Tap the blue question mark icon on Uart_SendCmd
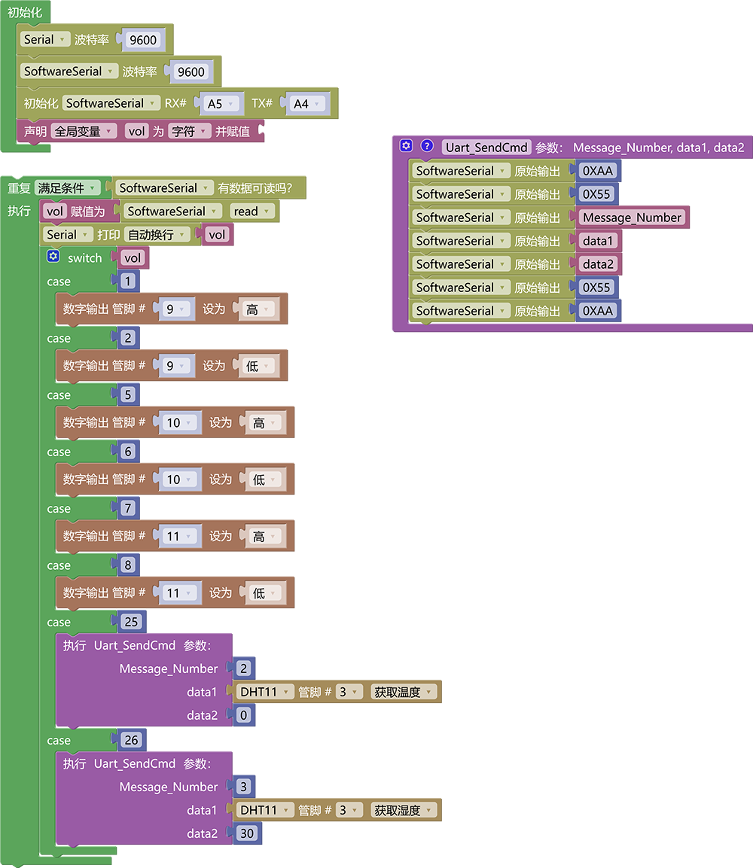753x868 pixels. pos(427,145)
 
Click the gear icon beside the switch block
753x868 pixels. pos(53,256)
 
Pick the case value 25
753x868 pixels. pos(131,622)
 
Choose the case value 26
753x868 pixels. pos(131,740)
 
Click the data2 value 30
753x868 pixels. pos(247,833)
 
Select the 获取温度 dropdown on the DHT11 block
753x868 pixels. pos(403,692)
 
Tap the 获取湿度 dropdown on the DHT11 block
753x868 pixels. pos(403,811)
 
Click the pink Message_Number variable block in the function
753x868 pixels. pos(632,218)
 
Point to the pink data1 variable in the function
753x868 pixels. pos(598,241)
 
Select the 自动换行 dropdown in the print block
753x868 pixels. pos(157,235)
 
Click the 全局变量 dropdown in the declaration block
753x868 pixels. pos(83,131)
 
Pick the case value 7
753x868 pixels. pos(128,508)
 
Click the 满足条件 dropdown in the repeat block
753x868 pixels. pos(67,188)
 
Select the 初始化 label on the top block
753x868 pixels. pos(25,12)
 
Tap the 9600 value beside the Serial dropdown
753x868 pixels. pos(143,40)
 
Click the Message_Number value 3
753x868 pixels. pos(244,787)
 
